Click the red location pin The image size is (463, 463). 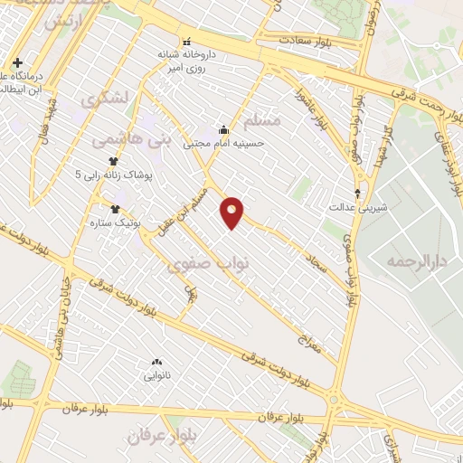click(x=232, y=211)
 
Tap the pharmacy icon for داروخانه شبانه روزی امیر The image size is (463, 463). click(x=186, y=42)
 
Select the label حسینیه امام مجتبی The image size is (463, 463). click(x=223, y=143)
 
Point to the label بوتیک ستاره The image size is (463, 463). click(x=106, y=222)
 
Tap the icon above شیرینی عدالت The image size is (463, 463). click(x=358, y=193)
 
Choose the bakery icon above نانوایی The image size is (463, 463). click(x=157, y=361)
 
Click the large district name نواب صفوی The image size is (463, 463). click(x=201, y=265)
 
